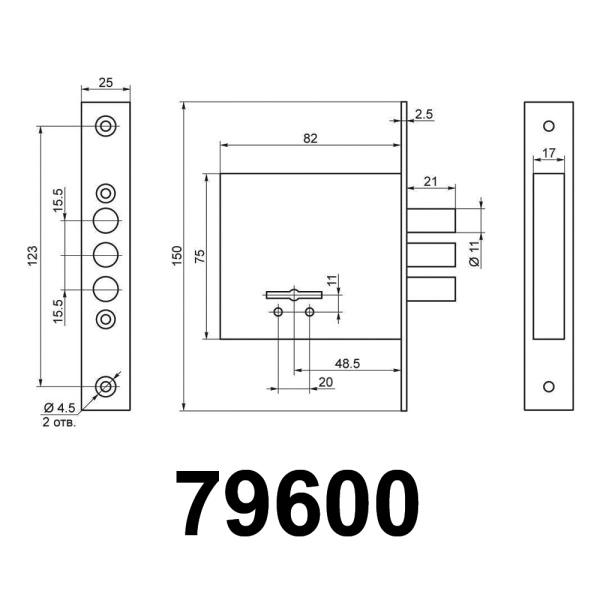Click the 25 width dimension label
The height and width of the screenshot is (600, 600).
(105, 82)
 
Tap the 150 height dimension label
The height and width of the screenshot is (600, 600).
(176, 256)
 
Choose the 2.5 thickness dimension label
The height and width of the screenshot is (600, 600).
(423, 115)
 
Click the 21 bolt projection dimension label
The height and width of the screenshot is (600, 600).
(431, 180)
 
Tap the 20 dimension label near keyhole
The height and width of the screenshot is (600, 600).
(325, 383)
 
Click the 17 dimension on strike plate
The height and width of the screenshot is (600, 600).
(549, 154)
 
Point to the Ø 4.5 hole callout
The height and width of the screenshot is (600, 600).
(61, 407)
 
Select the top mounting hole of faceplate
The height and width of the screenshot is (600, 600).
(106, 125)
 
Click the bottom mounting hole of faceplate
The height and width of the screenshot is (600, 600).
(106, 385)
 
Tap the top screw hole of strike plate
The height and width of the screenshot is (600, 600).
(548, 126)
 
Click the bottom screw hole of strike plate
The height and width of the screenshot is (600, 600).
(548, 386)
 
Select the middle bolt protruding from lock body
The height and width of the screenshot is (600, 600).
(430, 256)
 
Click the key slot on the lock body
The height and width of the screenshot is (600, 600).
(294, 294)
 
